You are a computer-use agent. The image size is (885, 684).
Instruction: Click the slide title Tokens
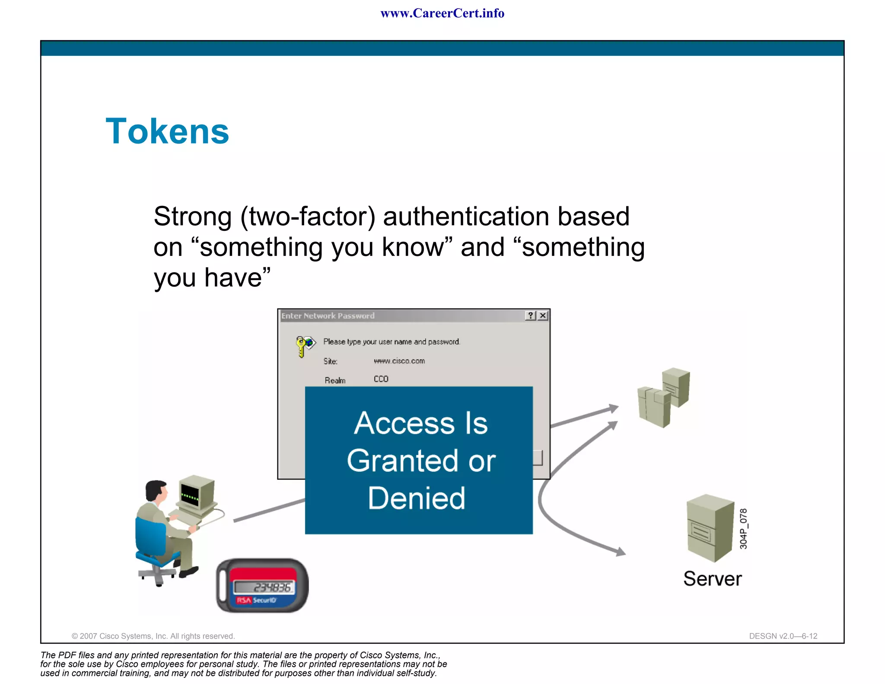[x=167, y=131]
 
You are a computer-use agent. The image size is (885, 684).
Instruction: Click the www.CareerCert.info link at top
[x=442, y=13]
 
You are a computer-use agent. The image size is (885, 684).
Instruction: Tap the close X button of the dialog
[x=543, y=316]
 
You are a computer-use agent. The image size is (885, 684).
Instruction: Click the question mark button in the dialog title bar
[x=530, y=316]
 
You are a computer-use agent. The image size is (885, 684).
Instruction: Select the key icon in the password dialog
[x=304, y=345]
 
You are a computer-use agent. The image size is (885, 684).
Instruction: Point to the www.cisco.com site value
[x=399, y=361]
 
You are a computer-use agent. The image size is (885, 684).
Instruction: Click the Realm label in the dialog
[x=335, y=380]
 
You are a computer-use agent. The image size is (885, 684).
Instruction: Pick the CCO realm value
[x=381, y=379]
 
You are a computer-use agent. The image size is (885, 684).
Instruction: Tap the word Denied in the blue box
[x=417, y=498]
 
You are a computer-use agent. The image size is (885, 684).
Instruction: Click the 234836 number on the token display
[x=272, y=588]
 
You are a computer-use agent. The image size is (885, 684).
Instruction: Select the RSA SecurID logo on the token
[x=256, y=600]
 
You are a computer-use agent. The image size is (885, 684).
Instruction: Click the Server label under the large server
[x=712, y=579]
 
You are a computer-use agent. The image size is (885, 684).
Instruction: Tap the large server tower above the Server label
[x=710, y=527]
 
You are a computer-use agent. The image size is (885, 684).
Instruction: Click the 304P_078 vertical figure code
[x=743, y=529]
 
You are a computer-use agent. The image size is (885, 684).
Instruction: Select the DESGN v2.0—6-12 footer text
[x=783, y=636]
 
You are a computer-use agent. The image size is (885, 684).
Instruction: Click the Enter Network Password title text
[x=328, y=316]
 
